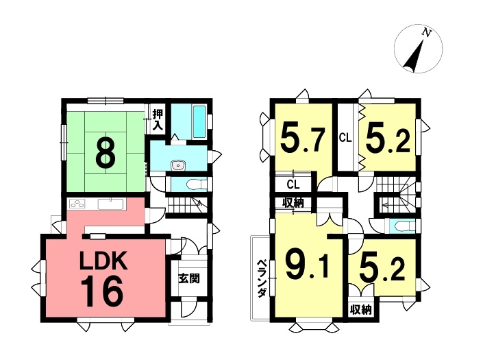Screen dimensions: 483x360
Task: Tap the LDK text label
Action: pos(103,261)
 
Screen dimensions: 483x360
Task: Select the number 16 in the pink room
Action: pos(102,291)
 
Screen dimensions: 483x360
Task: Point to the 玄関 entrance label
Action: pos(189,278)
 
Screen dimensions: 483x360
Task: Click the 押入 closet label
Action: pos(158,119)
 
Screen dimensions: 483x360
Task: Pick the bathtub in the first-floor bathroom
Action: pos(199,122)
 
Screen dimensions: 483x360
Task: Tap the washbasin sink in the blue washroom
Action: pos(178,165)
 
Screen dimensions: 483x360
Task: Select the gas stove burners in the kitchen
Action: pos(77,204)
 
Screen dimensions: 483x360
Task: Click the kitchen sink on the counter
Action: pos(110,204)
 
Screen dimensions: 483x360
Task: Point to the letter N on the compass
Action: pos(427,32)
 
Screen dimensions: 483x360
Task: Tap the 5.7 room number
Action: pos(303,141)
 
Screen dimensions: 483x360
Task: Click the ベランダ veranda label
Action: pos(262,278)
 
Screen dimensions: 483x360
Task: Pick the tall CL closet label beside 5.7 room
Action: pos(345,138)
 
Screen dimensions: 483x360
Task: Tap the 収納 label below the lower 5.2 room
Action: pos(361,310)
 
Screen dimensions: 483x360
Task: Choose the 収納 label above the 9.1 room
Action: pos(293,203)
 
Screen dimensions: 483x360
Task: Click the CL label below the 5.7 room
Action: pos(293,184)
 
